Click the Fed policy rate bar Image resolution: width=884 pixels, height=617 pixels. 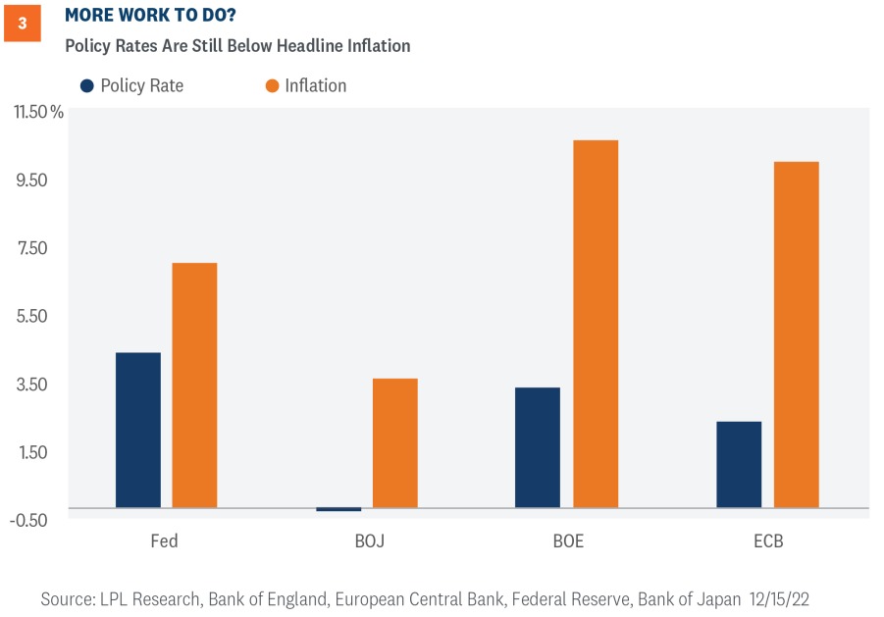click(x=137, y=430)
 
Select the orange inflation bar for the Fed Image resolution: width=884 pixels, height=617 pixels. click(x=194, y=385)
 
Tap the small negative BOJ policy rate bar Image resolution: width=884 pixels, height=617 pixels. click(x=338, y=509)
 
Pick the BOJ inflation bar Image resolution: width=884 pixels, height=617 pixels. click(x=394, y=442)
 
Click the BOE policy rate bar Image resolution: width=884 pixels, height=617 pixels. click(x=537, y=447)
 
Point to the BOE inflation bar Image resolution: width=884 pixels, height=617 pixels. click(x=595, y=324)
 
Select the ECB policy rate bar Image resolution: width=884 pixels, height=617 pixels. click(x=738, y=464)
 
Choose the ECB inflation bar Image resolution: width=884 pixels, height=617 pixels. click(x=796, y=334)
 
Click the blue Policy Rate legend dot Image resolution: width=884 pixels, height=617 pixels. click(x=87, y=85)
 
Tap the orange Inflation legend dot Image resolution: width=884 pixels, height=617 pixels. click(x=272, y=85)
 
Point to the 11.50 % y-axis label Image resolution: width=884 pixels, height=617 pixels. click(x=38, y=112)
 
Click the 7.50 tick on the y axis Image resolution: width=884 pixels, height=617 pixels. click(x=32, y=248)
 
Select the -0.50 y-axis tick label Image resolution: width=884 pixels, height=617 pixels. click(x=30, y=520)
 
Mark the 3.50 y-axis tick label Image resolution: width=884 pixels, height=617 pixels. click(x=32, y=385)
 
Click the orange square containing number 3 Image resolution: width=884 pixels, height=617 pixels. click(x=23, y=24)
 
